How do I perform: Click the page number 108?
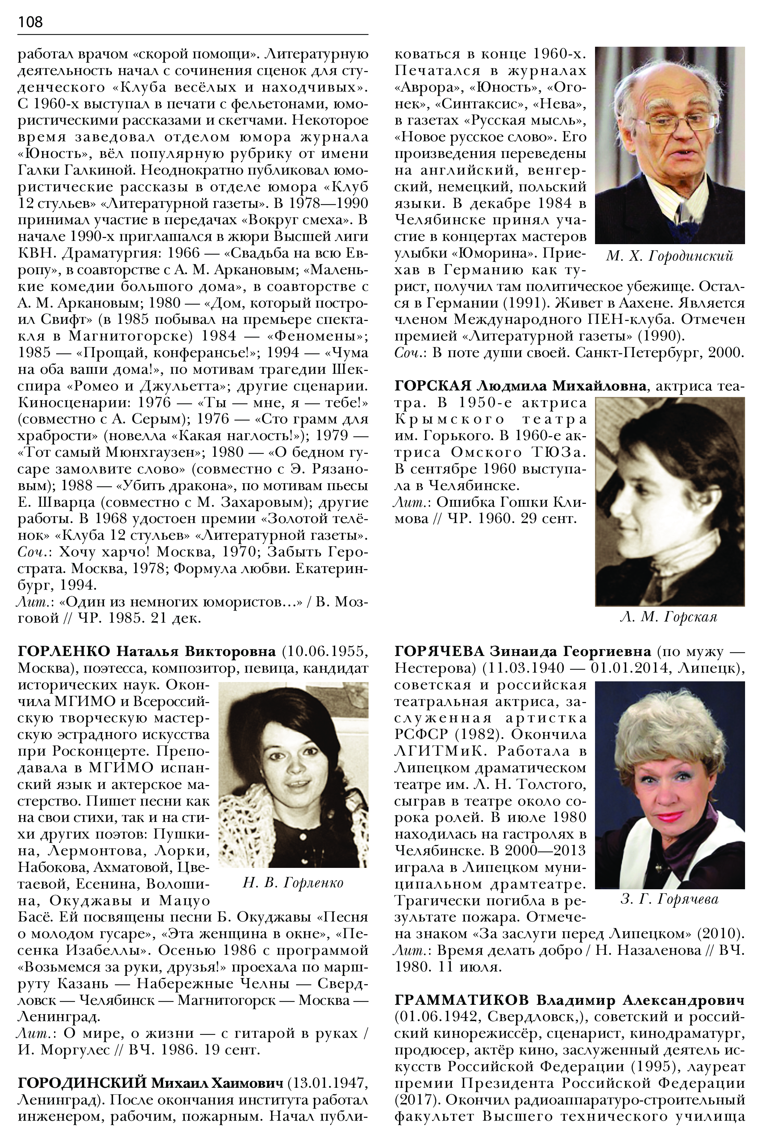point(30,22)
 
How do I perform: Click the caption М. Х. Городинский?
point(669,256)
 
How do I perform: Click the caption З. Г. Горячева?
point(669,899)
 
